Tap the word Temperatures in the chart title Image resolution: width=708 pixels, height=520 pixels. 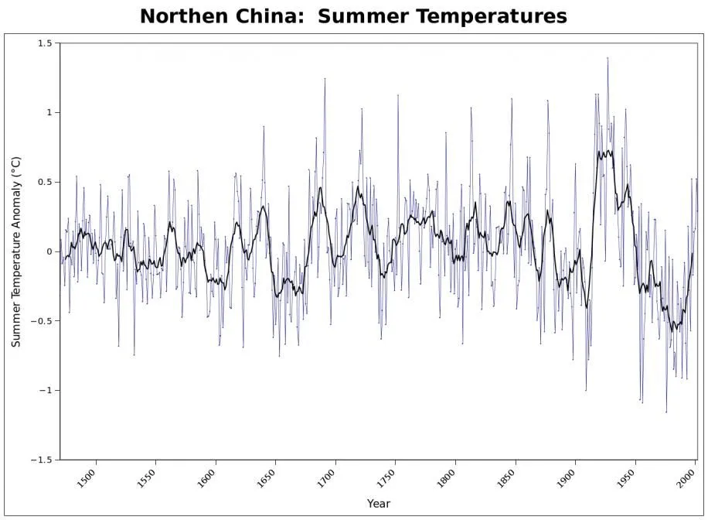[x=483, y=16]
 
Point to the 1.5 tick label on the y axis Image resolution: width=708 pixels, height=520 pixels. [x=45, y=44]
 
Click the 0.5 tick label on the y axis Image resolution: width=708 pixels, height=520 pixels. [x=45, y=183]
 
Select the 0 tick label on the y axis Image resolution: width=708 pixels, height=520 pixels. [x=50, y=252]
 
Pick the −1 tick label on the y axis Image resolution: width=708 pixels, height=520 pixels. [x=46, y=391]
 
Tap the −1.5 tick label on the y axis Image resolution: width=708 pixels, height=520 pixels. [x=43, y=460]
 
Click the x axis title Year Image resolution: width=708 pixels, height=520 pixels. [x=379, y=504]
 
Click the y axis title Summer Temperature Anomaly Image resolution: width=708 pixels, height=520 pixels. [x=16, y=251]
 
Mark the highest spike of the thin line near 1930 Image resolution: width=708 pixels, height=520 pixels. [x=608, y=58]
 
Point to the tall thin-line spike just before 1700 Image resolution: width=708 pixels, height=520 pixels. [x=325, y=79]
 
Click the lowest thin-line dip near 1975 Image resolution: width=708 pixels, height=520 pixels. [x=666, y=412]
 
